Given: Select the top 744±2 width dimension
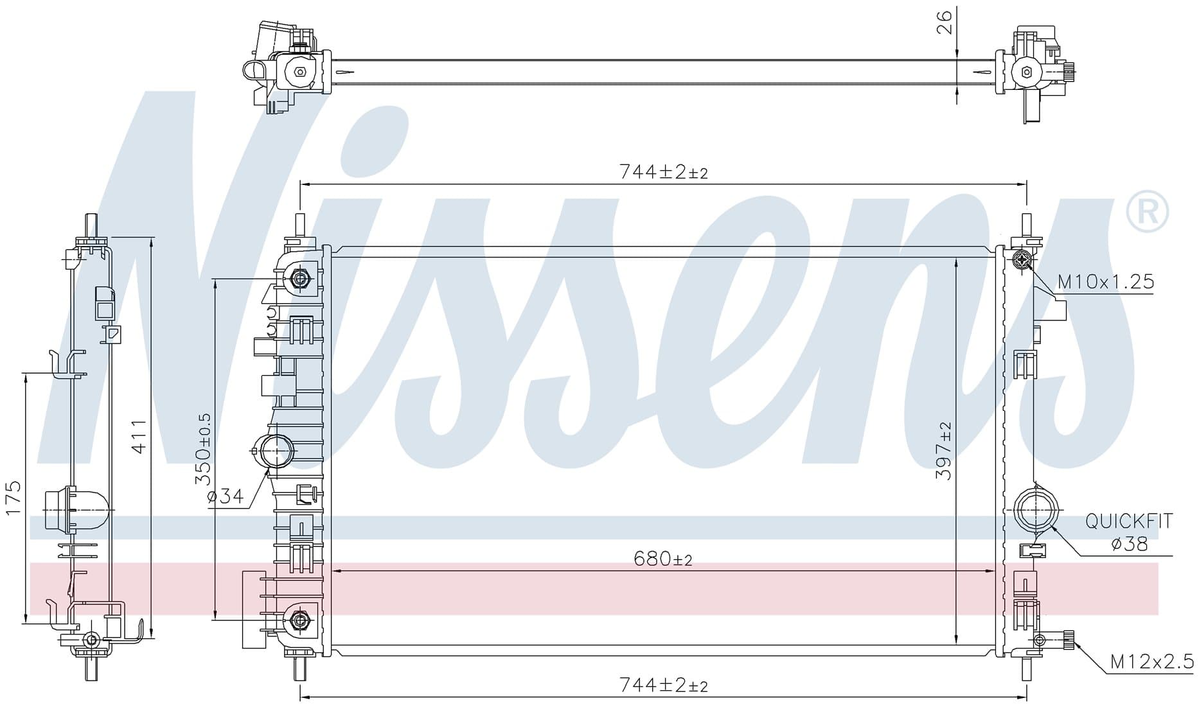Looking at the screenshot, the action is (663, 171).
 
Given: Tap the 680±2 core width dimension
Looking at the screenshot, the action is (663, 559).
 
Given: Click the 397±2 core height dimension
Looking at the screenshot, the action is (944, 450).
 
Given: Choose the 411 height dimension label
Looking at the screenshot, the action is (139, 437).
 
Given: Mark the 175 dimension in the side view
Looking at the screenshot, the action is (13, 498).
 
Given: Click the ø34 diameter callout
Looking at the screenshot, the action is (226, 496).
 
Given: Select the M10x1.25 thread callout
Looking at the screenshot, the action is (1106, 282).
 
